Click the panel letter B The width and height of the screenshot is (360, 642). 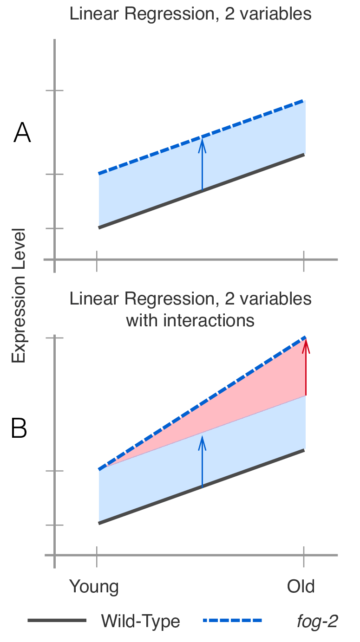(19, 429)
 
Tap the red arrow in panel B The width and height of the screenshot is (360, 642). (306, 367)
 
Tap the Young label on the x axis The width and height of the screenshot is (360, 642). (94, 586)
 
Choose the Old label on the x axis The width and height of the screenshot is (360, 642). (301, 586)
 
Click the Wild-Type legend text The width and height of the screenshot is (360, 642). (140, 621)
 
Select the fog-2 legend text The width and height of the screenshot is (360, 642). (317, 621)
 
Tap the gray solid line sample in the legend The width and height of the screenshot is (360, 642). (57, 621)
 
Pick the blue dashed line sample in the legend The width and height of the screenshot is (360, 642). (232, 621)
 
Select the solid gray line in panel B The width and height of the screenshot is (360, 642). (149, 506)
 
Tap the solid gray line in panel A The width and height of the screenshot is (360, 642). (149, 209)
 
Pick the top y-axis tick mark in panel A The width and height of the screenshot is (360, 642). (54, 91)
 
